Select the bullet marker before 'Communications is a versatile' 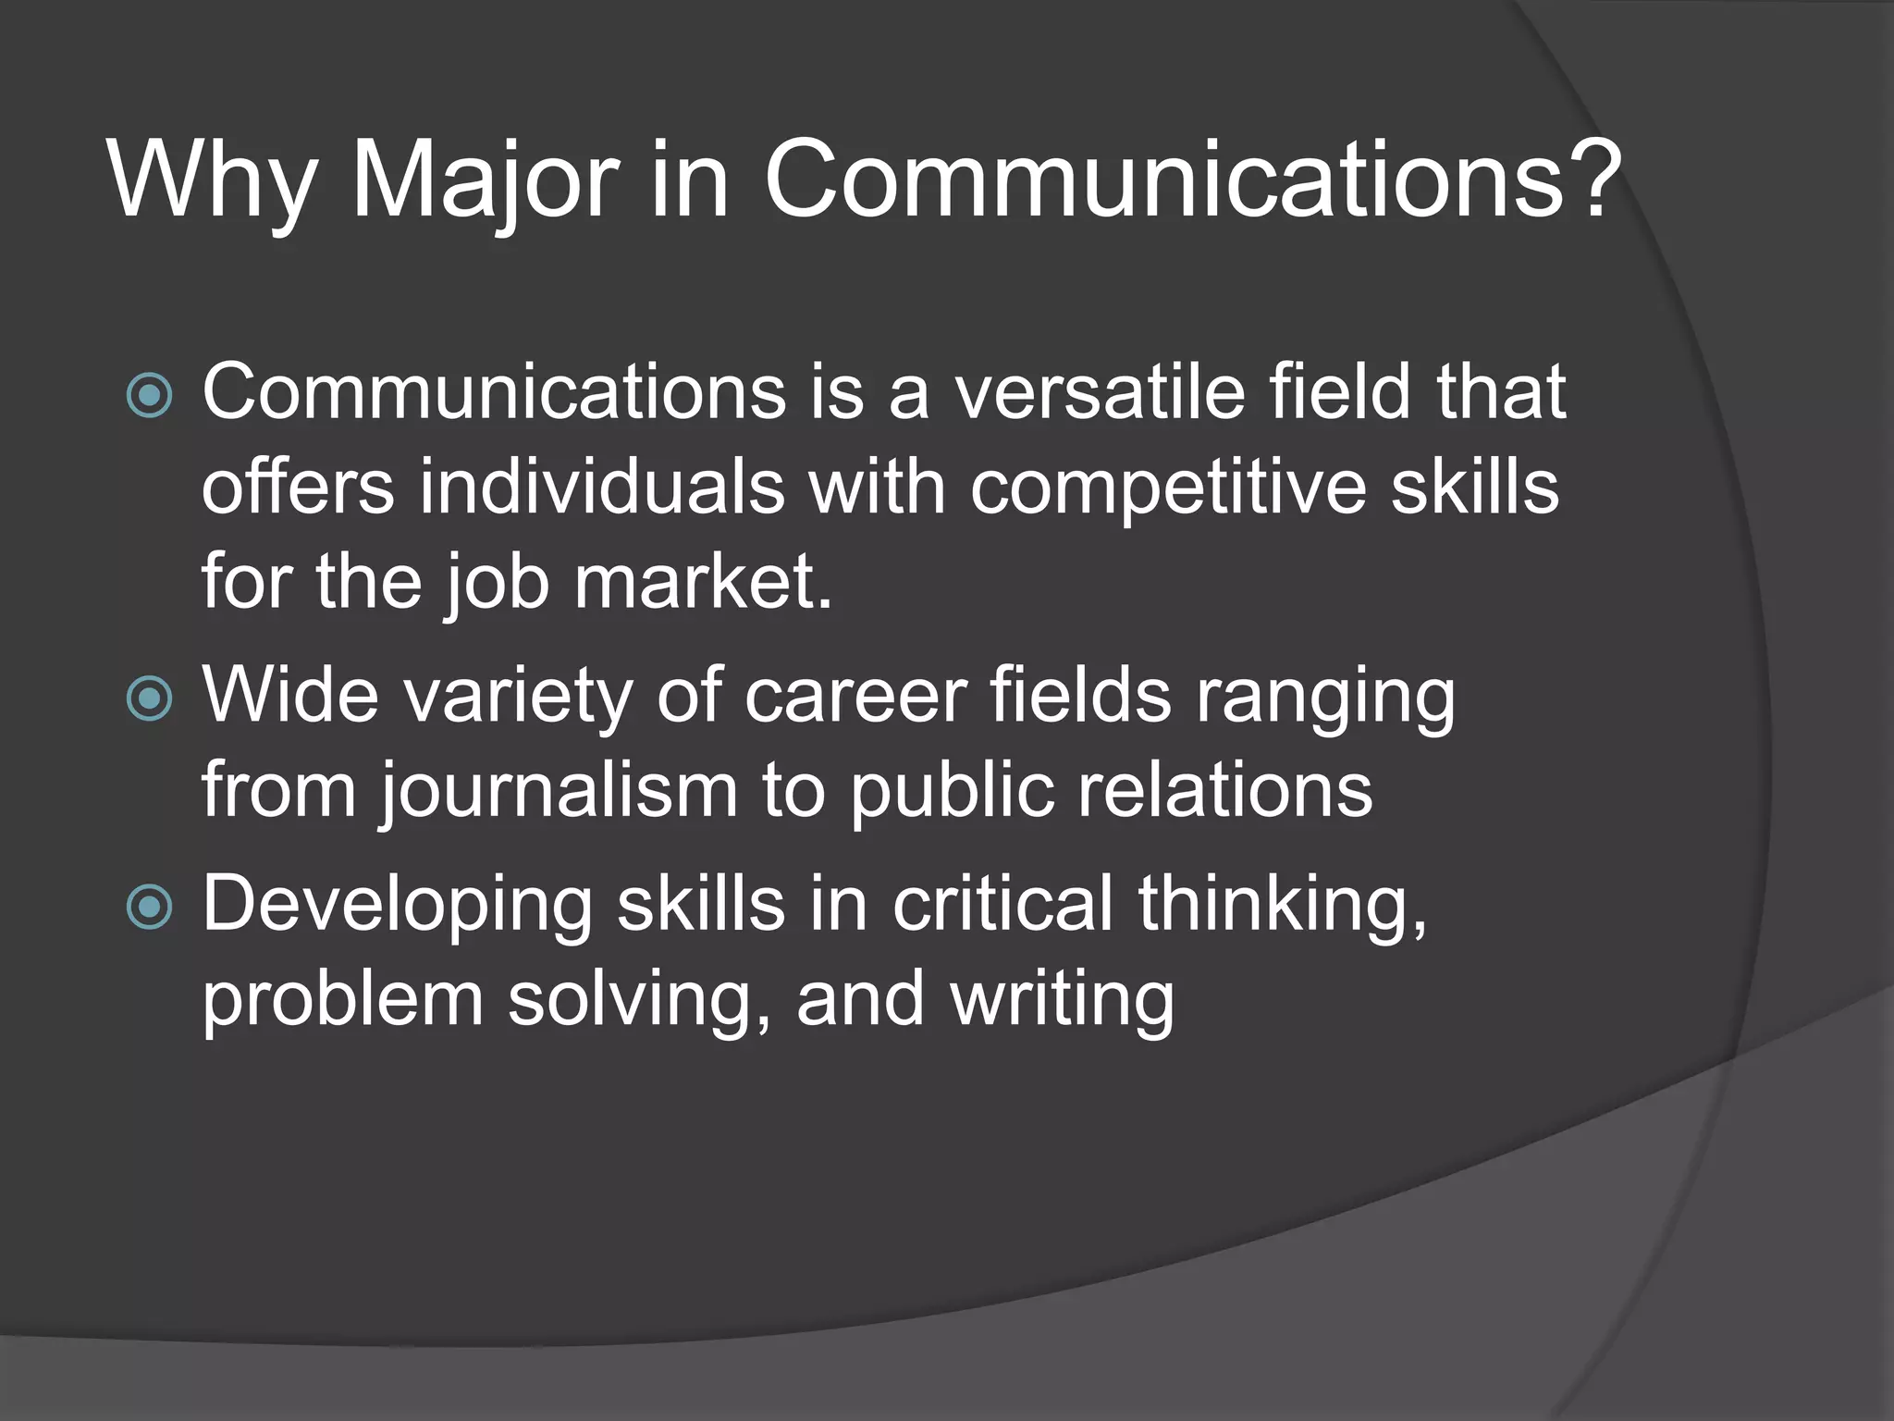click(x=149, y=396)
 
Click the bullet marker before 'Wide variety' click(x=149, y=698)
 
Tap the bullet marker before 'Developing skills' click(x=149, y=907)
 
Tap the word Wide click(x=290, y=695)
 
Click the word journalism click(x=560, y=792)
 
